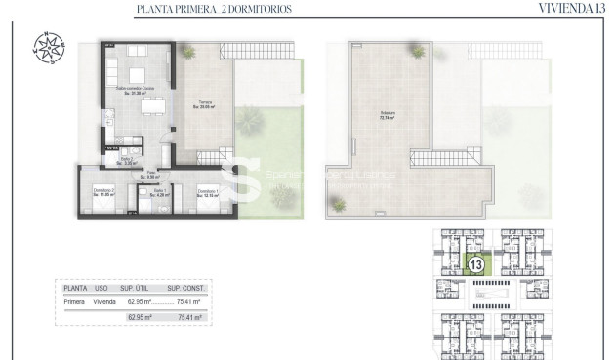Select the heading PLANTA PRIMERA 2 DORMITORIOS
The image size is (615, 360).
215,10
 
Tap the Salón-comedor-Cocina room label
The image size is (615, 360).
136,91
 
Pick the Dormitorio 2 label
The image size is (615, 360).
102,191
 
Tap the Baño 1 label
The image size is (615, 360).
147,193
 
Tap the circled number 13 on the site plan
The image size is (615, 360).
477,263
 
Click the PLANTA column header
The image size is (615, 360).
75,289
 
